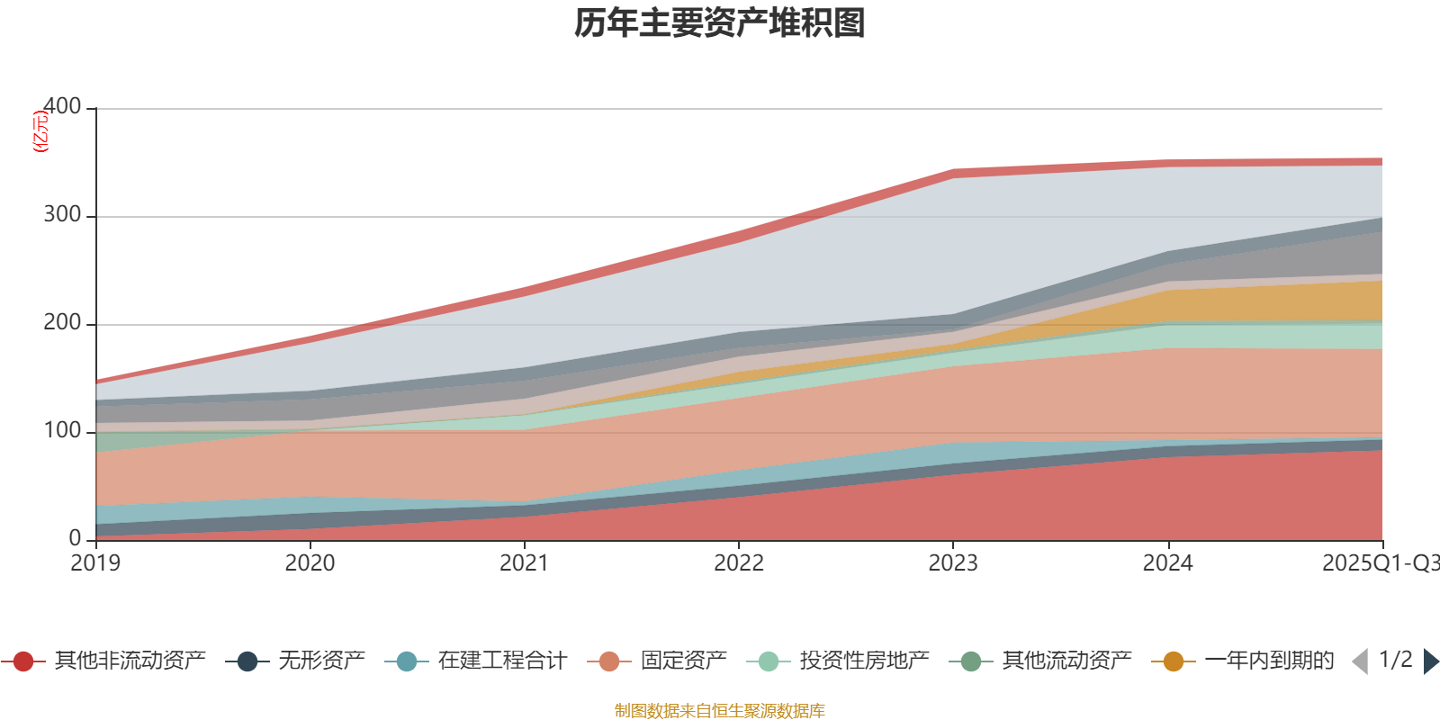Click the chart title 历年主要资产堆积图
pos(720,23)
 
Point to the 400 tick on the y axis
pos(62,107)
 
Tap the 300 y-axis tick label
pos(62,215)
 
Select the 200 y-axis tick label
pos(62,323)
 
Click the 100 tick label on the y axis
pos(62,431)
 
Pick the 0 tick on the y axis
pos(76,538)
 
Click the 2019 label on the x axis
pos(95,563)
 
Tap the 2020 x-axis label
pos(310,563)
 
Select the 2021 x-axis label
pos(524,563)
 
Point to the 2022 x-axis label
pos(739,563)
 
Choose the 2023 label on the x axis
pos(953,563)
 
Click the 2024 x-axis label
pos(1167,563)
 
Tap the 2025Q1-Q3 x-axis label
pos(1379,563)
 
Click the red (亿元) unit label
pos(40,131)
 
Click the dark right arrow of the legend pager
pos(1430,661)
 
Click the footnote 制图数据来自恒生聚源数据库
pos(720,711)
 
